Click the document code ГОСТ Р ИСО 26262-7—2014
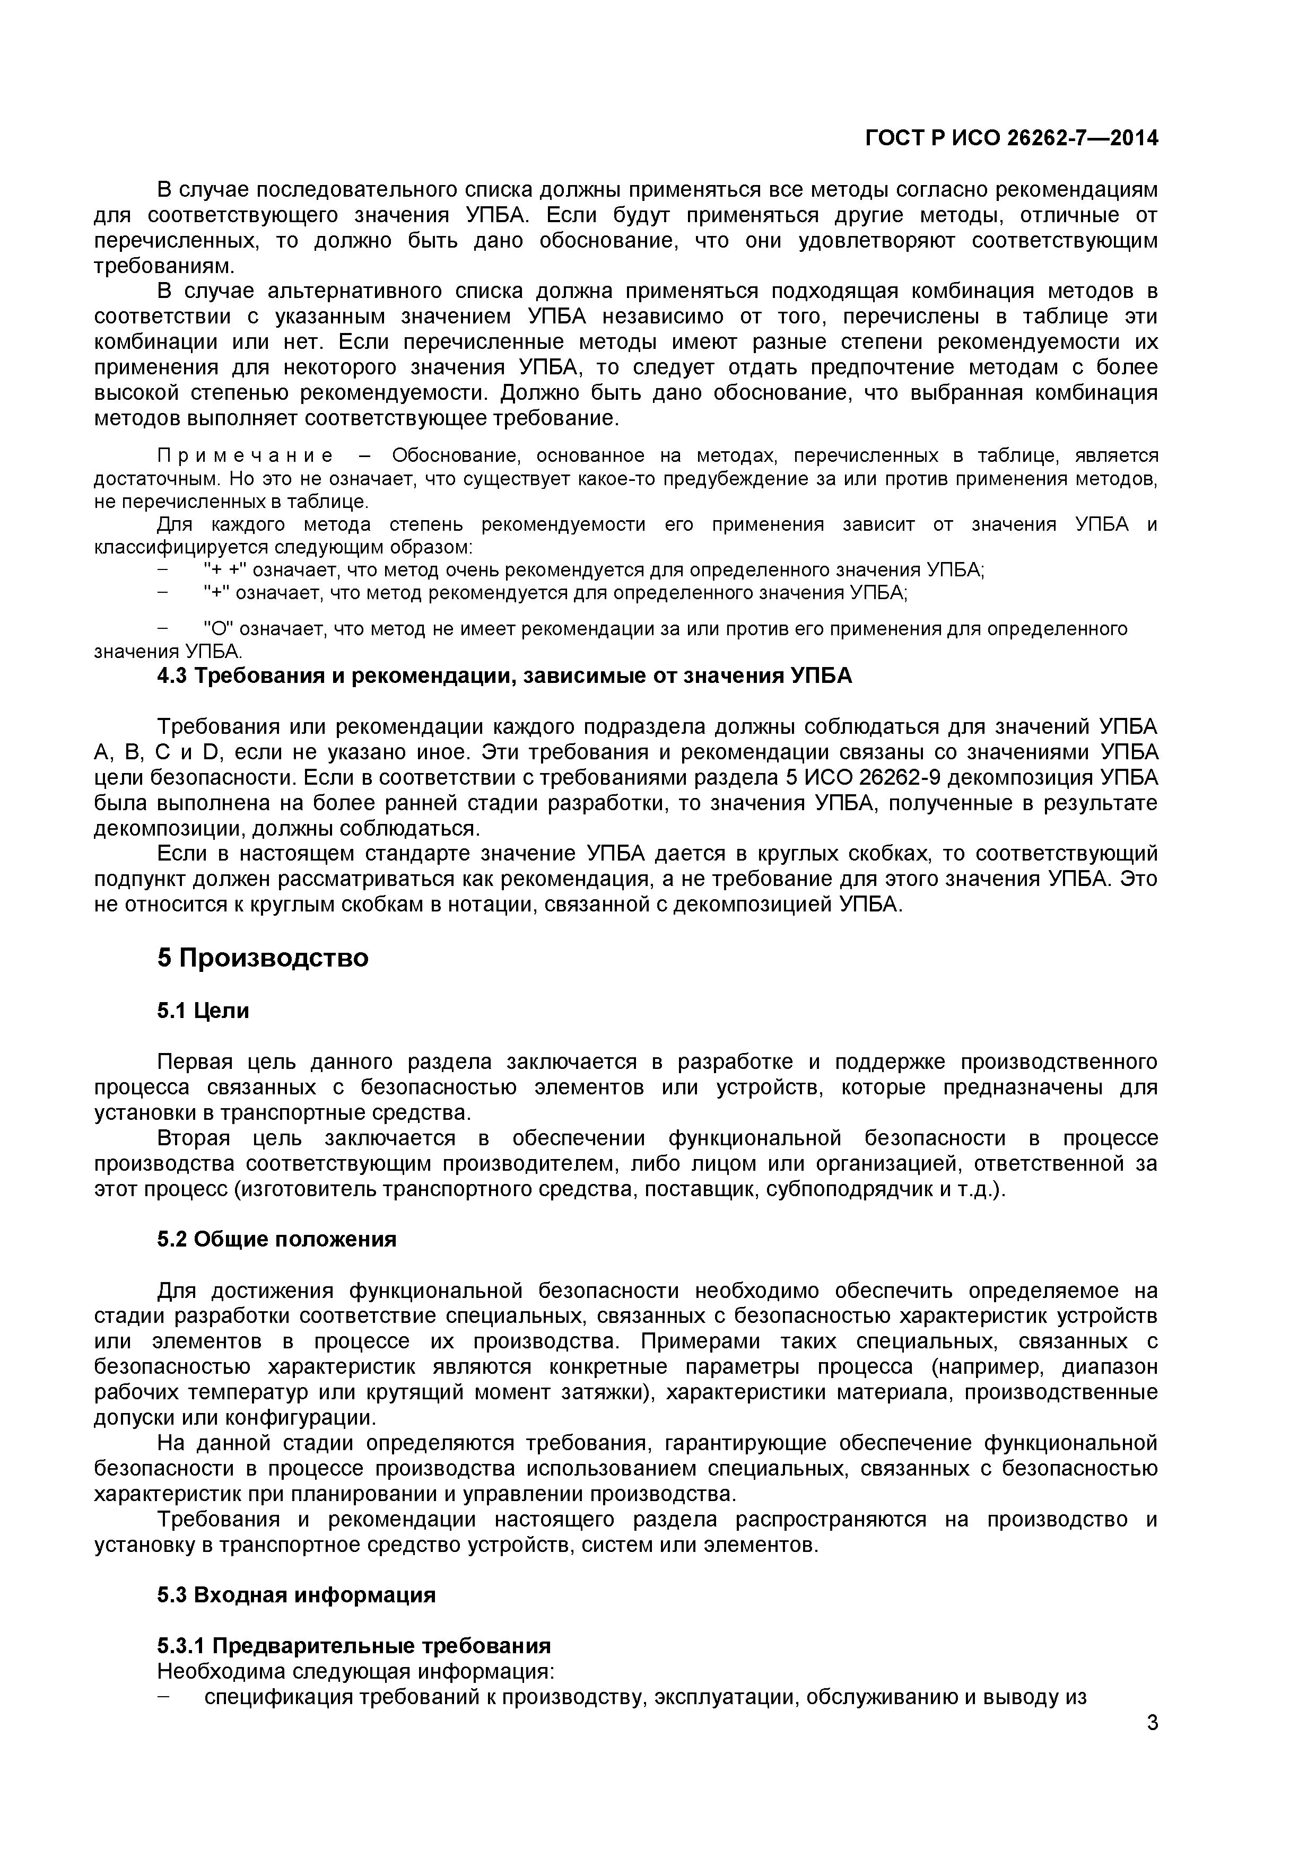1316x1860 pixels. tap(1012, 139)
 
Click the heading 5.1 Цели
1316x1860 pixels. tap(203, 1011)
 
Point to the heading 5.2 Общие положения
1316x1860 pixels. tap(276, 1240)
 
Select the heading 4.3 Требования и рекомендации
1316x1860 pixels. tap(504, 675)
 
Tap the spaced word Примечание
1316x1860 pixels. tap(244, 456)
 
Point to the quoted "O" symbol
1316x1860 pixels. tap(216, 629)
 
